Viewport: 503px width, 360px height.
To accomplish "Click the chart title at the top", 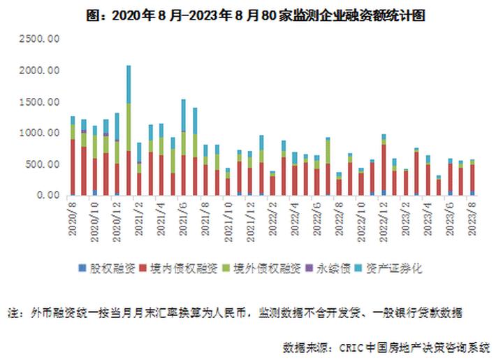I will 251,14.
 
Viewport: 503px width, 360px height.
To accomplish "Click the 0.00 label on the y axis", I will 50,196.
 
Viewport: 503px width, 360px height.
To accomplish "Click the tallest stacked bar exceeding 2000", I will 129,133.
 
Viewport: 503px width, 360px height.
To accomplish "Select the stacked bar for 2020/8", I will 73,157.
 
